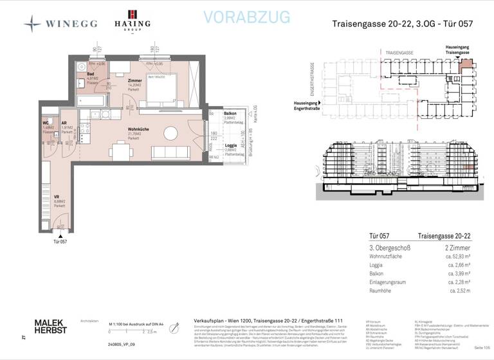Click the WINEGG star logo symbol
point(32,24)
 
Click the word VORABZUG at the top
point(246,17)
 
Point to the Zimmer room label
point(135,80)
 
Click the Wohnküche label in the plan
point(138,129)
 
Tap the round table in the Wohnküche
point(171,133)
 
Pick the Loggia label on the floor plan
point(230,145)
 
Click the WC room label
point(46,122)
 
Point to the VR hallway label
point(57,196)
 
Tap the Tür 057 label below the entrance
point(60,241)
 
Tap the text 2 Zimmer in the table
point(457,248)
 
